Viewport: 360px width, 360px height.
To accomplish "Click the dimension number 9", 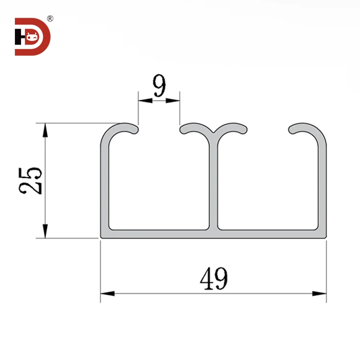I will [159, 87].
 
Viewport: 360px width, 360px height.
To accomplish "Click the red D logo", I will [32, 37].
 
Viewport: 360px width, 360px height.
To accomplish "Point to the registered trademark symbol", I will [50, 19].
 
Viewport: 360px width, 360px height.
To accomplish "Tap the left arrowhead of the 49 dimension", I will [107, 293].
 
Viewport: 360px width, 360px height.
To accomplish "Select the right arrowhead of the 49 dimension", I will [319, 293].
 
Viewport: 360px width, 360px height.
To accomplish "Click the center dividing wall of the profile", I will [214, 182].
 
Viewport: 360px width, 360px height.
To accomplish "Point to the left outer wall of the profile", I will [105, 182].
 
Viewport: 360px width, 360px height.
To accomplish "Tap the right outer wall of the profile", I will [323, 182].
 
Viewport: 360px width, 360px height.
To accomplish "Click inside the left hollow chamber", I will [158, 182].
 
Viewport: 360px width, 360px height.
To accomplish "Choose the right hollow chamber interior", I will [269, 182].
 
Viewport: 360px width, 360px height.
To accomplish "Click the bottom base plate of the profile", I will [214, 233].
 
